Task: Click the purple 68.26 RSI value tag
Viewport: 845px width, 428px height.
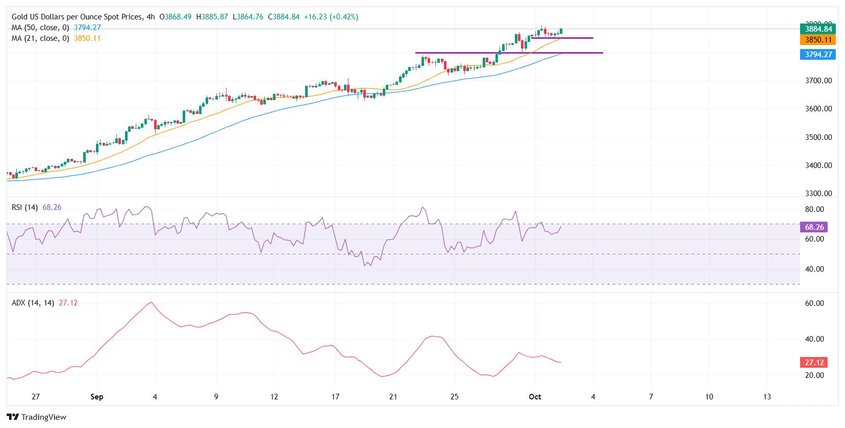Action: pyautogui.click(x=812, y=227)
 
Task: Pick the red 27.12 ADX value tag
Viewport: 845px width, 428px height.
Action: pyautogui.click(x=812, y=363)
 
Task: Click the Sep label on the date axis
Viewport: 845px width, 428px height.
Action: pyautogui.click(x=96, y=397)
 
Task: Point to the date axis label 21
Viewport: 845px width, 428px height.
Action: pyautogui.click(x=393, y=397)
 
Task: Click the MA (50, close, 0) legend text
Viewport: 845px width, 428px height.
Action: pyautogui.click(x=40, y=28)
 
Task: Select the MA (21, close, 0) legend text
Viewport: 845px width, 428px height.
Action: pyautogui.click(x=40, y=38)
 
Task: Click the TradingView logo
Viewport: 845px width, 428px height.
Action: pyautogui.click(x=37, y=417)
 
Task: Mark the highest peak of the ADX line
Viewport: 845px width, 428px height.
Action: pyautogui.click(x=150, y=302)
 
